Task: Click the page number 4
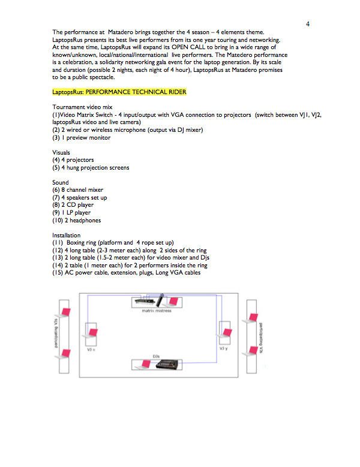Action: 308,24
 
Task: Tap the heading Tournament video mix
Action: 82,107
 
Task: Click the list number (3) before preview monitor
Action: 56,138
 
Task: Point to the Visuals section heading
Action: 61,152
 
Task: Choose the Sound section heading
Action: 61,182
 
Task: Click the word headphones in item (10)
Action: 85,221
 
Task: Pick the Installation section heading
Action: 66,235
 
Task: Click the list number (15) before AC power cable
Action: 58,273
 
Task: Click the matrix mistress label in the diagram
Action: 157,311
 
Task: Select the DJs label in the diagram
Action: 156,356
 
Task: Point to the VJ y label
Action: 224,348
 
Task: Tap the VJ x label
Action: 91,350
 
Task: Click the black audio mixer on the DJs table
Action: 167,364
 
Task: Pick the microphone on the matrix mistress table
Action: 160,300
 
